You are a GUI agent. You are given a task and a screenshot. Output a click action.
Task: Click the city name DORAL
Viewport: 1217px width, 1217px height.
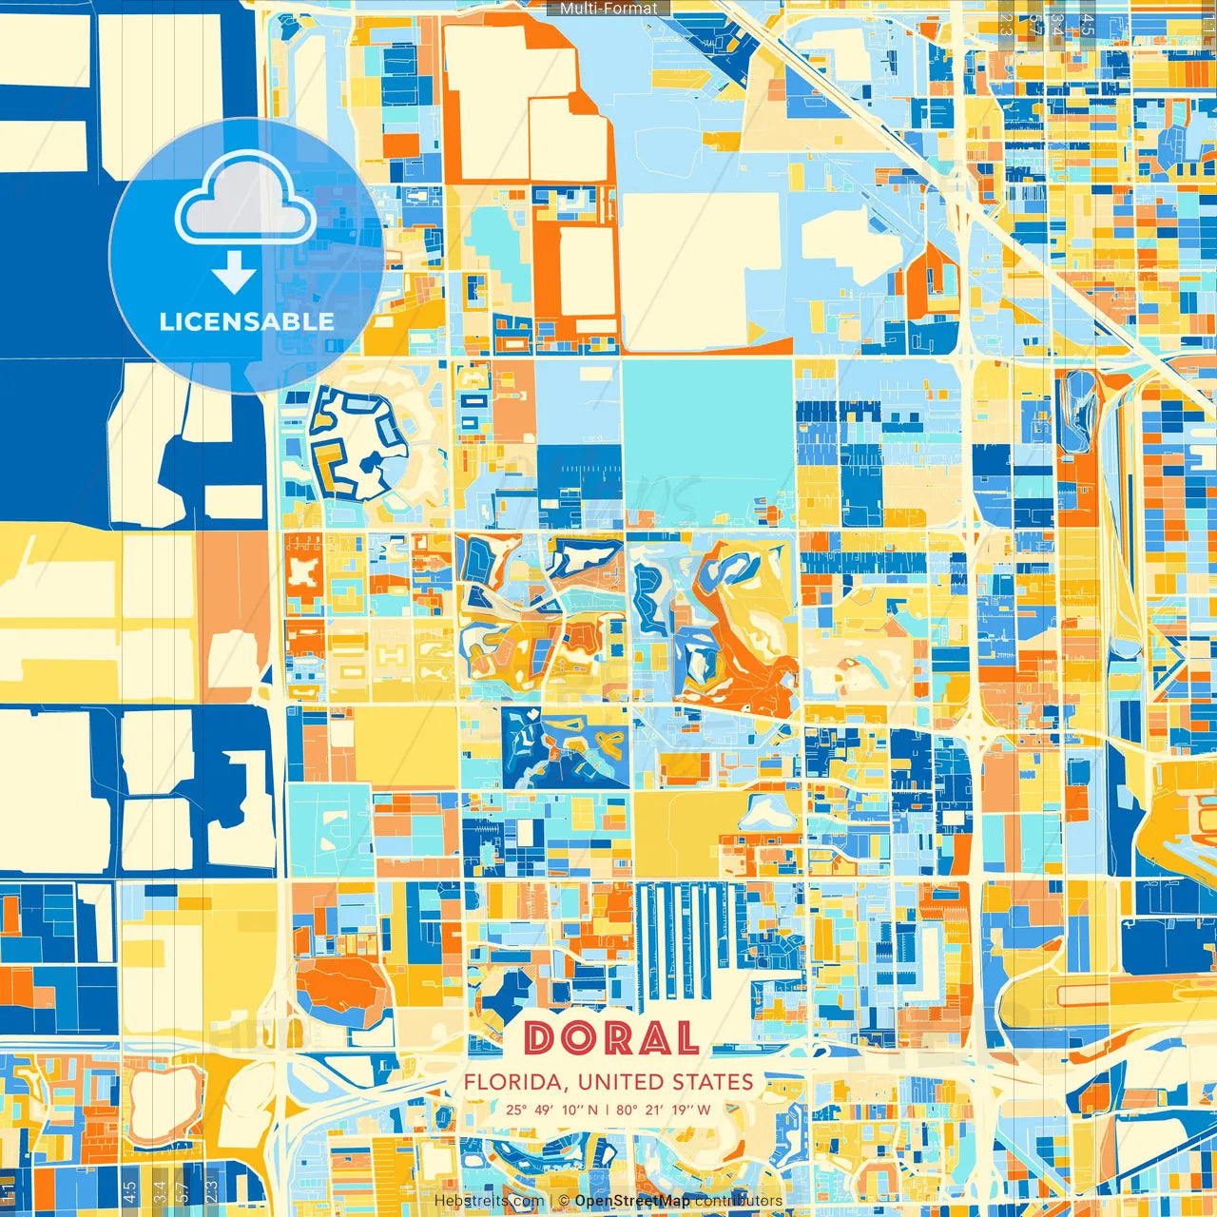[x=610, y=1038]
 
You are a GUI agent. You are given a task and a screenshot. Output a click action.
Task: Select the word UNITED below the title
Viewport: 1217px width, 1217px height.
[x=622, y=1082]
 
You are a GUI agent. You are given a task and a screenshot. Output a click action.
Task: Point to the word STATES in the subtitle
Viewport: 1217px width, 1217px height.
[x=713, y=1082]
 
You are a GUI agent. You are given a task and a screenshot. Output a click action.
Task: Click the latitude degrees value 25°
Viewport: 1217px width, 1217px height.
[x=516, y=1110]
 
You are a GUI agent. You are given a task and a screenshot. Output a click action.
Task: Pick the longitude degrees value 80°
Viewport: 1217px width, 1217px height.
[x=627, y=1110]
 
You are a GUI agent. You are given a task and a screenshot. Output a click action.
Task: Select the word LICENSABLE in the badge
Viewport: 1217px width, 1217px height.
[x=247, y=321]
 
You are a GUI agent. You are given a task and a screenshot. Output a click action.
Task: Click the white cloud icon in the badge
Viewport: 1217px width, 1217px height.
[x=245, y=198]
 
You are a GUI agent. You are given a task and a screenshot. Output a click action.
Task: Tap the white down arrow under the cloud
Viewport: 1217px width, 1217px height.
[x=234, y=272]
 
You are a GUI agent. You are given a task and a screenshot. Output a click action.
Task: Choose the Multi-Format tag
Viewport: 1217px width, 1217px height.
[x=608, y=9]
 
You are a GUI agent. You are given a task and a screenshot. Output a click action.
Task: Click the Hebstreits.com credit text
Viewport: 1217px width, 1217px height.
[x=489, y=1201]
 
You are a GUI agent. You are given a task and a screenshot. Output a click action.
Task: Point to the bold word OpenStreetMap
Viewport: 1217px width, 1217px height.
[x=632, y=1201]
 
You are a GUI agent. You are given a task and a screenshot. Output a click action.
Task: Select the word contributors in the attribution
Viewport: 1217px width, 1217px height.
[x=739, y=1201]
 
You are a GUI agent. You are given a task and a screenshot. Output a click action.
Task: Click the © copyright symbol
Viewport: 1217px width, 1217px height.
[x=564, y=1201]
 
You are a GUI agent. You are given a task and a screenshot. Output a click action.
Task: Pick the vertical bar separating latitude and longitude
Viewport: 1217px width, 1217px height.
[x=608, y=1110]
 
